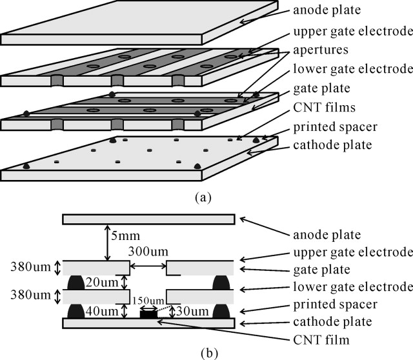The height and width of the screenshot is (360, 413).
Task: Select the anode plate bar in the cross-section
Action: (148, 219)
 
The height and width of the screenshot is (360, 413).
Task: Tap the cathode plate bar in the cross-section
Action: (148, 323)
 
